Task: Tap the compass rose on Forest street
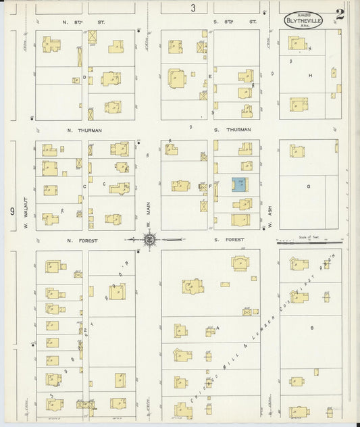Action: [x=150, y=238]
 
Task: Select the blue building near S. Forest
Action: [x=239, y=184]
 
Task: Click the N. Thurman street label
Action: [x=79, y=130]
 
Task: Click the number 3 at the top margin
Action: [x=193, y=8]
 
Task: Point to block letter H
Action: [x=310, y=75]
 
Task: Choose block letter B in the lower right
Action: [x=311, y=327]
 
